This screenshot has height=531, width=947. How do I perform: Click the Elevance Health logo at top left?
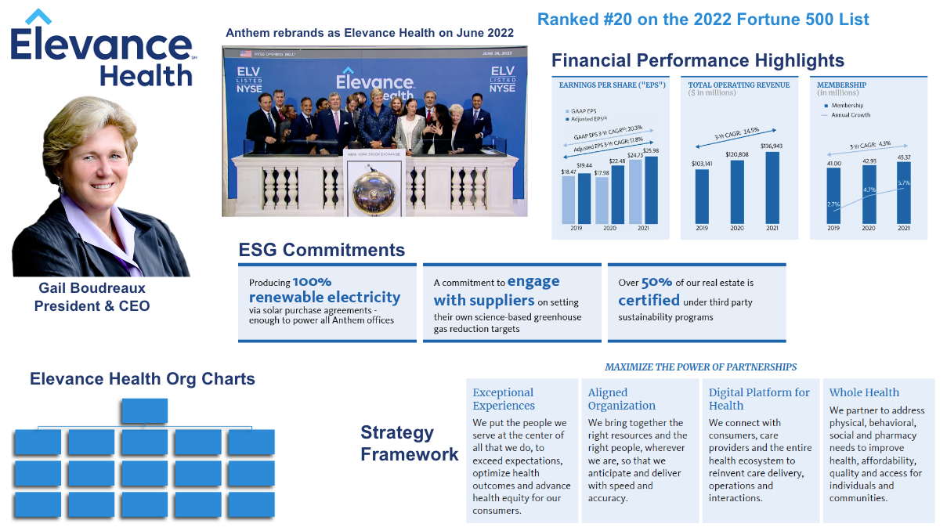click(102, 49)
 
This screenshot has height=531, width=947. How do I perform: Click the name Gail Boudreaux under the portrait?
click(92, 288)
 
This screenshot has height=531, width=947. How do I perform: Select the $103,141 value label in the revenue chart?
click(702, 164)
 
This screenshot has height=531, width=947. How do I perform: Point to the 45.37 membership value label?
click(903, 157)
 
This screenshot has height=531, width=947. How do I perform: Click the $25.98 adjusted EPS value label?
click(649, 151)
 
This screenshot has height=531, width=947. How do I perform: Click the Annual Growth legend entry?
click(849, 115)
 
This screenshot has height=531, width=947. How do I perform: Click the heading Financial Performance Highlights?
click(697, 60)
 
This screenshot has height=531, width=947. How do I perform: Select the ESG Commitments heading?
click(321, 250)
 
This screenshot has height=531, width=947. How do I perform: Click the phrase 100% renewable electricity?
click(324, 290)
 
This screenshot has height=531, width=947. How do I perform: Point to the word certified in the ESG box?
click(649, 300)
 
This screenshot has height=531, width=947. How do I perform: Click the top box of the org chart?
click(144, 410)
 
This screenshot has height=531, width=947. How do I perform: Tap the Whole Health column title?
click(864, 392)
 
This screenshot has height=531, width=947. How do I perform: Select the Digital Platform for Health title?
click(759, 399)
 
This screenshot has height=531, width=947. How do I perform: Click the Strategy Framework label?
click(409, 443)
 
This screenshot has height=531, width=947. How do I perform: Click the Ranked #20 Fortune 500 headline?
click(703, 19)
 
